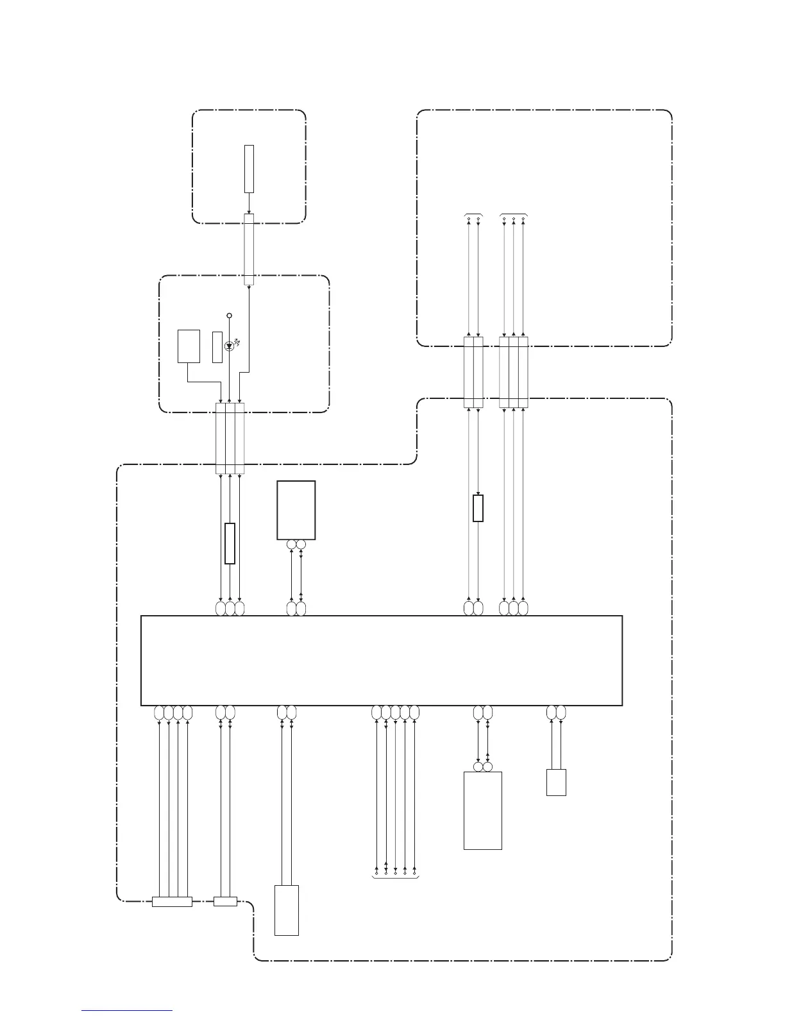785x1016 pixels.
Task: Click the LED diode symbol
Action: click(230, 346)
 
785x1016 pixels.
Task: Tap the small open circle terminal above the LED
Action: click(230, 316)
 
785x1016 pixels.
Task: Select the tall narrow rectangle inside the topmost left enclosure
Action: click(249, 169)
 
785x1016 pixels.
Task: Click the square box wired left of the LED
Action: click(189, 346)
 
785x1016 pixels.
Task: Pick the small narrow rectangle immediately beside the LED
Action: click(217, 347)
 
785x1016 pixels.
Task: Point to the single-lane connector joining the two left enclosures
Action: click(249, 250)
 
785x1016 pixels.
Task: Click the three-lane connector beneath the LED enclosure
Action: click(230, 438)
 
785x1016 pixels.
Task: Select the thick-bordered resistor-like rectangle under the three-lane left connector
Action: click(230, 543)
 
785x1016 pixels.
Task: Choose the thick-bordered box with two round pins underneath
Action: click(296, 510)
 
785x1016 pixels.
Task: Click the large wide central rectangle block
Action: click(381, 660)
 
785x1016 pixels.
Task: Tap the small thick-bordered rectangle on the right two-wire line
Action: click(478, 508)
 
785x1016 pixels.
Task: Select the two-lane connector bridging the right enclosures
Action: click(473, 371)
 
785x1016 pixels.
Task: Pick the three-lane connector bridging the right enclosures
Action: click(514, 371)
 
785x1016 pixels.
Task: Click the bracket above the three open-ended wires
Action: click(514, 213)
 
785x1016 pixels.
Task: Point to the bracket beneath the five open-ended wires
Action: click(395, 877)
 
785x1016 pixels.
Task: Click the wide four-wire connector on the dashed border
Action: click(172, 901)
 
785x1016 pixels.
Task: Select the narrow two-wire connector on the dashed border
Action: click(225, 901)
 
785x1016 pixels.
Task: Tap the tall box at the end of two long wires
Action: click(287, 910)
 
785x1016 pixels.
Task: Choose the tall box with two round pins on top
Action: click(482, 810)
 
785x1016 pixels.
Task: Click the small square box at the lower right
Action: click(556, 783)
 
